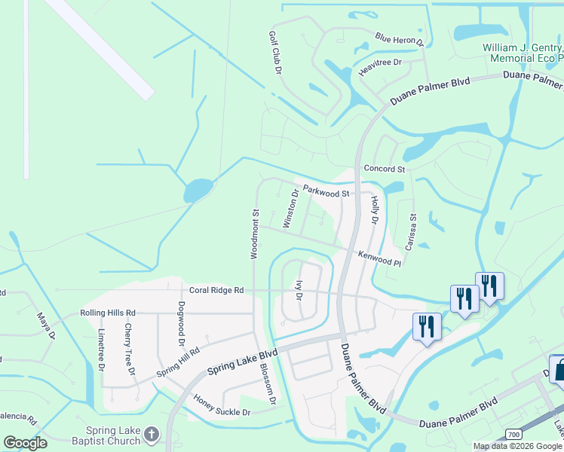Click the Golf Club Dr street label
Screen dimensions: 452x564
tap(275, 53)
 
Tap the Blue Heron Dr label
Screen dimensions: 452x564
tap(400, 39)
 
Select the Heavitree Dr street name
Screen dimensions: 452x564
tap(381, 63)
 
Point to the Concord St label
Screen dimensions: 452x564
tap(384, 169)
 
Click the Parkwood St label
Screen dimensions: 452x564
tap(326, 191)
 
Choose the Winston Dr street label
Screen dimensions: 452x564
tap(290, 209)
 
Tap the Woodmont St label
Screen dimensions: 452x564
tap(255, 235)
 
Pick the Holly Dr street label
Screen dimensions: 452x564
tap(373, 209)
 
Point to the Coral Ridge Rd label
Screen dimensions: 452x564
tap(216, 290)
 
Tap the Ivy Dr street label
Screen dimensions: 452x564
tap(299, 291)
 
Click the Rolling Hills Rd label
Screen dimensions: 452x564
tap(108, 313)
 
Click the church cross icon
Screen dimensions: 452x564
tap(151, 435)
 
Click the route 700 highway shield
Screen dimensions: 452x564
tap(514, 435)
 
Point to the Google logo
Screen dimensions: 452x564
tap(25, 443)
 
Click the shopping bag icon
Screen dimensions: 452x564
tap(559, 371)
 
